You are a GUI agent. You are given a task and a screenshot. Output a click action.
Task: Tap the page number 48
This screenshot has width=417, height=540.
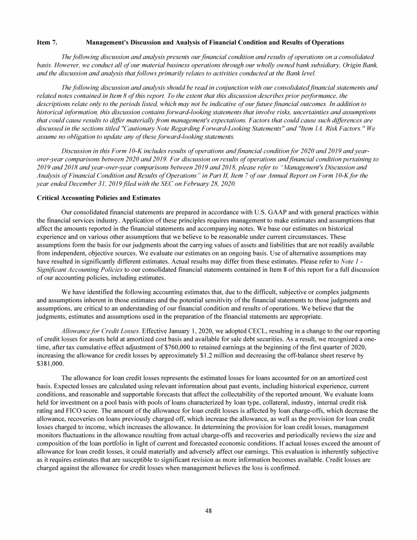[x=208, y=510]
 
